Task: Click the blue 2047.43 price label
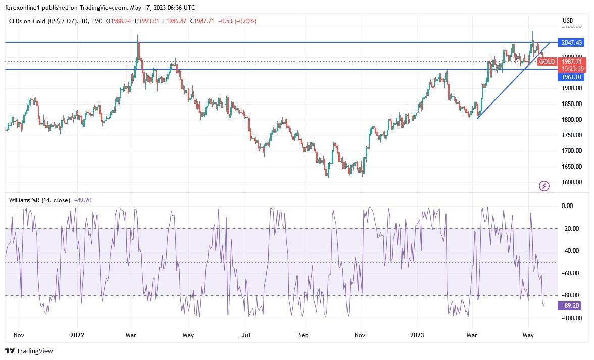pyautogui.click(x=569, y=43)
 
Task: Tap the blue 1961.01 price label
pyautogui.click(x=569, y=77)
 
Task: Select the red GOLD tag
pyautogui.click(x=547, y=62)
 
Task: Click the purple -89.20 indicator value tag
pyautogui.click(x=569, y=306)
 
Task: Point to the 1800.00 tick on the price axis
pyautogui.click(x=572, y=120)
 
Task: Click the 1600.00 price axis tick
pyautogui.click(x=572, y=182)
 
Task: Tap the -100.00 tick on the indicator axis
pyautogui.click(x=571, y=318)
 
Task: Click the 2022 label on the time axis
pyautogui.click(x=77, y=335)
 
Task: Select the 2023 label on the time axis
pyautogui.click(x=418, y=335)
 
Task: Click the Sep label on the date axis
pyautogui.click(x=303, y=335)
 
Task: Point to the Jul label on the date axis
pyautogui.click(x=246, y=335)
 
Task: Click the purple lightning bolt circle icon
pyautogui.click(x=544, y=186)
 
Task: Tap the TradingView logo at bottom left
pyautogui.click(x=29, y=351)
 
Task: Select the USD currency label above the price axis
pyautogui.click(x=568, y=21)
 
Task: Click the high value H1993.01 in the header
pyautogui.click(x=148, y=21)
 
